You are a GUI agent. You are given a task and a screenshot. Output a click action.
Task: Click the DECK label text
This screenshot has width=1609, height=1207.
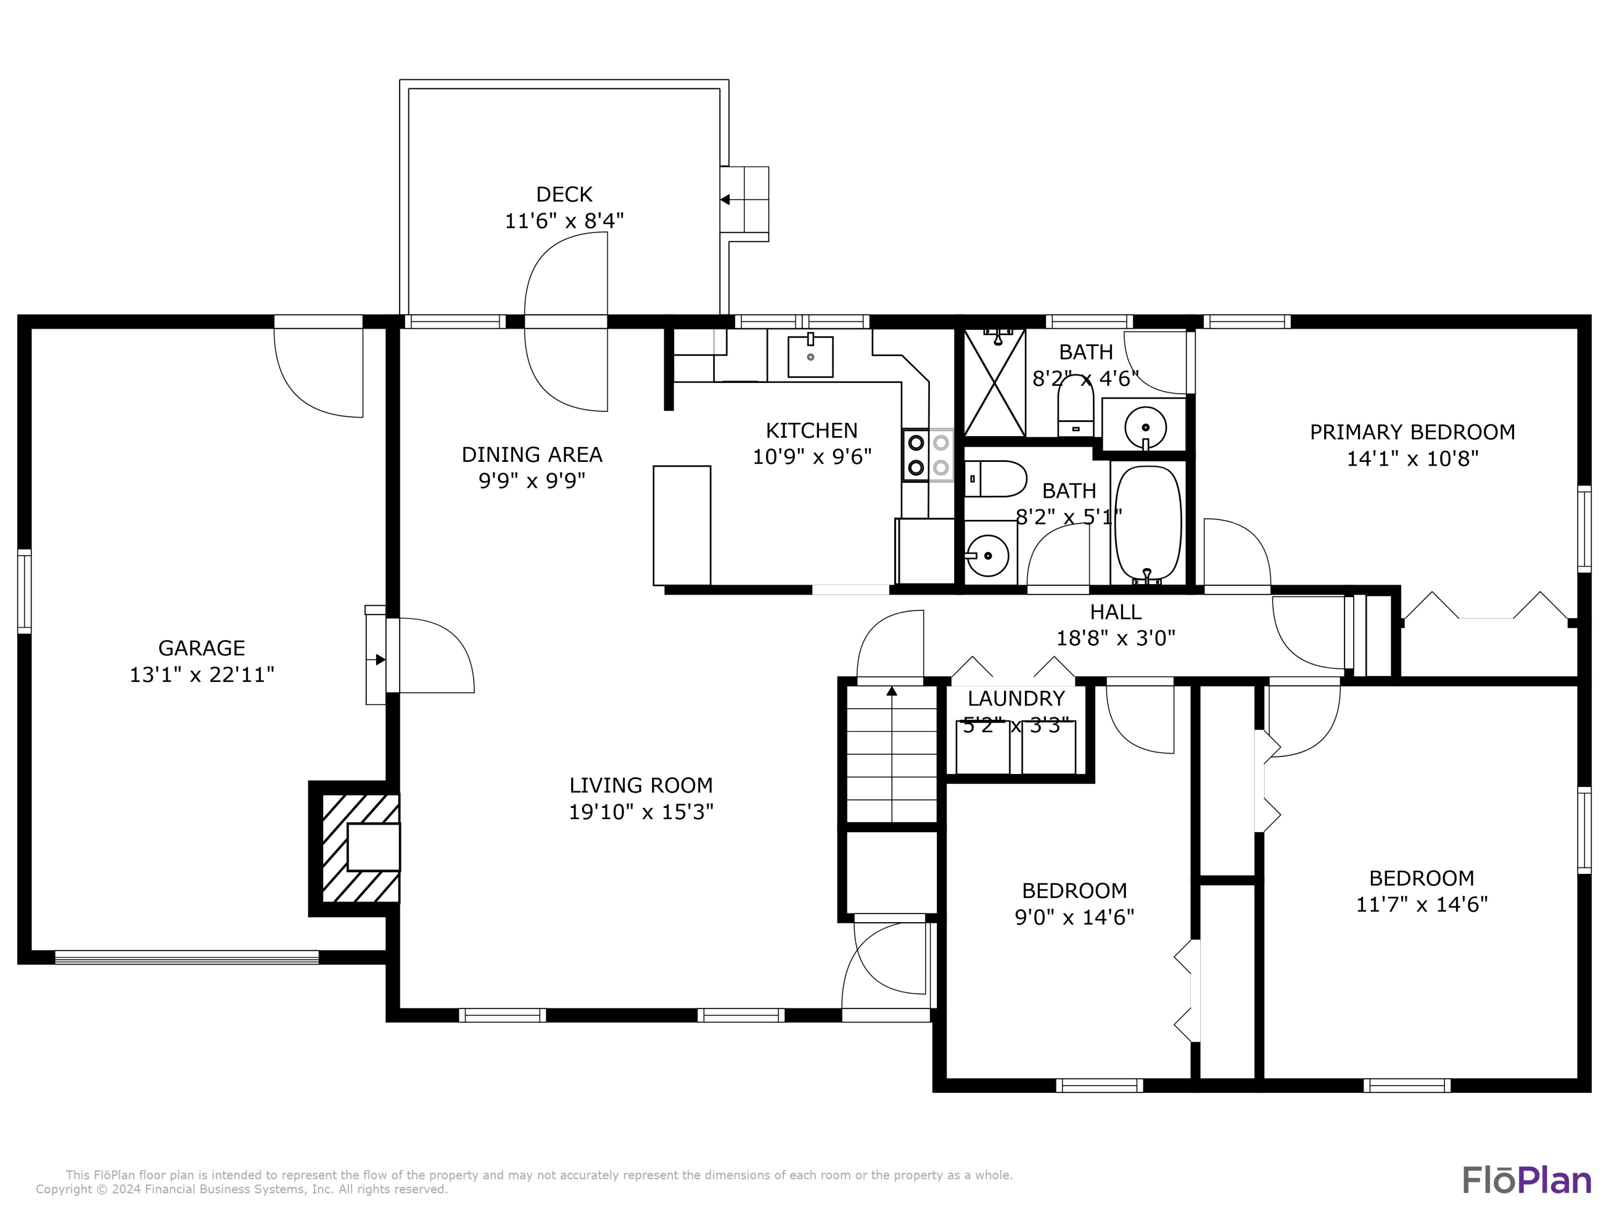[x=564, y=194]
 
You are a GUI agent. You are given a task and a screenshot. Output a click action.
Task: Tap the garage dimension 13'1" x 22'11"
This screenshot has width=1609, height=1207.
[x=202, y=674]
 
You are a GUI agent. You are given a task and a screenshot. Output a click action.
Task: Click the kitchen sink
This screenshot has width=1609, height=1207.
[x=810, y=357]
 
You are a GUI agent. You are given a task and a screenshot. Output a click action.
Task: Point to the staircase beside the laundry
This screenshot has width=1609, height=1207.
[x=892, y=754]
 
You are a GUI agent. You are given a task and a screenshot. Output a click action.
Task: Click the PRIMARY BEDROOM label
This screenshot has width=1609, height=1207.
[x=1412, y=432]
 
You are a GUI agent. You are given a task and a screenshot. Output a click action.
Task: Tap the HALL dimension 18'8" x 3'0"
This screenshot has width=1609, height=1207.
[x=1115, y=638]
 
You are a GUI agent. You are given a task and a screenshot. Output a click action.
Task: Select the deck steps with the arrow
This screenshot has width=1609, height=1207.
[x=745, y=200]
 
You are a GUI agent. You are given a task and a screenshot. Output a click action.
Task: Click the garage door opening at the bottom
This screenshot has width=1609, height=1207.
[x=187, y=958]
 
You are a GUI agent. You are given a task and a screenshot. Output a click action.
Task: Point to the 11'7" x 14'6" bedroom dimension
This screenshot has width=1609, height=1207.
[x=1421, y=904]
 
